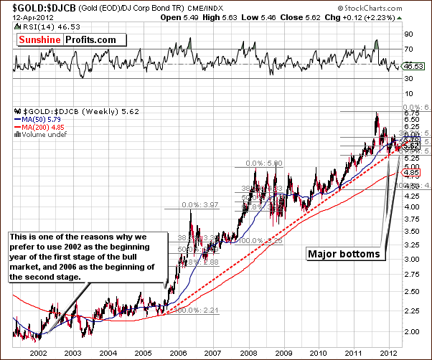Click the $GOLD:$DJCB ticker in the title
[x=34, y=6]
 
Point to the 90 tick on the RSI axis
[x=408, y=34]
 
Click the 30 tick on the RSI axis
[x=408, y=79]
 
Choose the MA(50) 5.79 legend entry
[x=35, y=119]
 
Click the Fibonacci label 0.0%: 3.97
[x=201, y=204]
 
